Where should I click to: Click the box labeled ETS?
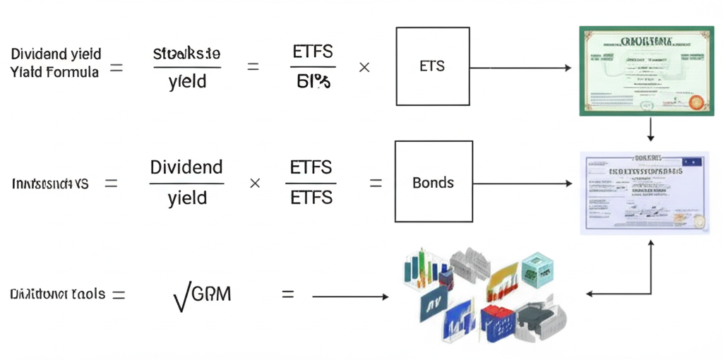[433, 66]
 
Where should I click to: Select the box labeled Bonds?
[433, 182]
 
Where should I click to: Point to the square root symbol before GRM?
[181, 296]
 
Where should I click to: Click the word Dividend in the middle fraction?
[186, 168]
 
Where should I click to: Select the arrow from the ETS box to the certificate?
[521, 68]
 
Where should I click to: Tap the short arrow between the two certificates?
[650, 129]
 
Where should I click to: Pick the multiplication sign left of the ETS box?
[364, 68]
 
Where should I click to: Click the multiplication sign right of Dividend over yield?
[255, 183]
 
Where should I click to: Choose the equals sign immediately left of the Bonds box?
[376, 183]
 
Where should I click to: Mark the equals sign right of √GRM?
[287, 294]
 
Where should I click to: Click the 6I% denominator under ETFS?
[313, 83]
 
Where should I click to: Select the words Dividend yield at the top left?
[56, 54]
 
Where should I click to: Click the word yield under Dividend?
[187, 198]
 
